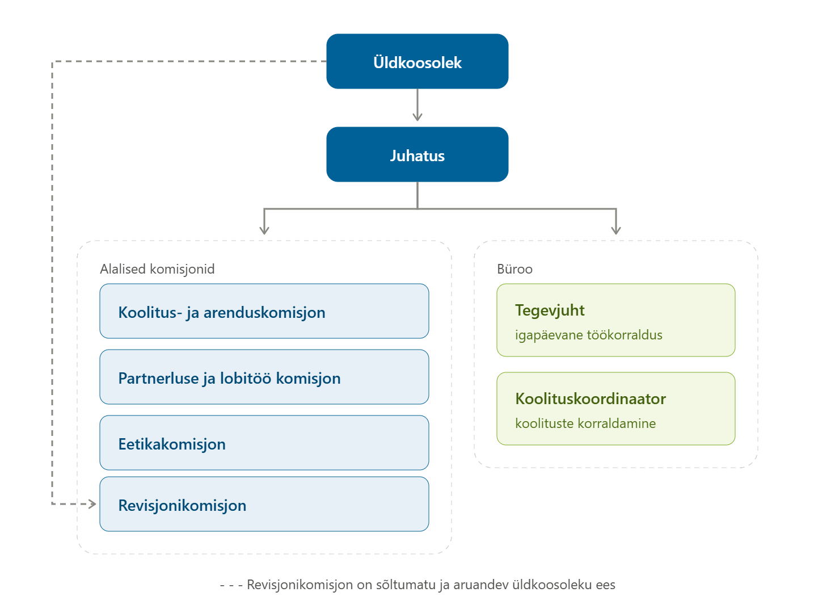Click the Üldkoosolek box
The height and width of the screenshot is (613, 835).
pyautogui.click(x=417, y=61)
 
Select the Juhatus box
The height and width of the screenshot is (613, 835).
pyautogui.click(x=417, y=154)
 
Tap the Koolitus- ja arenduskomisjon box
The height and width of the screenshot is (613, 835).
pyautogui.click(x=264, y=311)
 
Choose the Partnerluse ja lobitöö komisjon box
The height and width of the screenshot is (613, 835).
pyautogui.click(x=264, y=377)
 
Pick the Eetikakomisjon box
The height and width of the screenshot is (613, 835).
pyautogui.click(x=264, y=443)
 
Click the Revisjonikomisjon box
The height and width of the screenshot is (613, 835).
pyautogui.click(x=264, y=504)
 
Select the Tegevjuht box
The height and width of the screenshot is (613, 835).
pyautogui.click(x=616, y=320)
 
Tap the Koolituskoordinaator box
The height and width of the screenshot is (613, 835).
pyautogui.click(x=616, y=409)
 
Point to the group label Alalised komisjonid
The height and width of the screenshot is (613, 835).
pyautogui.click(x=157, y=269)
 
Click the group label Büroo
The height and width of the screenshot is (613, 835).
pyautogui.click(x=515, y=269)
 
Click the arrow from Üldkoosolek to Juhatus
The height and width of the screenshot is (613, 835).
pyautogui.click(x=417, y=105)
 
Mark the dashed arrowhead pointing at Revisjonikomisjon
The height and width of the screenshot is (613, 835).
pyautogui.click(x=92, y=504)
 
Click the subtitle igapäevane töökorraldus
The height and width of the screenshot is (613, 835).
pyautogui.click(x=589, y=335)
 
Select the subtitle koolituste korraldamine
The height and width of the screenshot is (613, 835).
pyautogui.click(x=585, y=423)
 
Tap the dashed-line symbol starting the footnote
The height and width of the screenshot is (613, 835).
pyautogui.click(x=231, y=585)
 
